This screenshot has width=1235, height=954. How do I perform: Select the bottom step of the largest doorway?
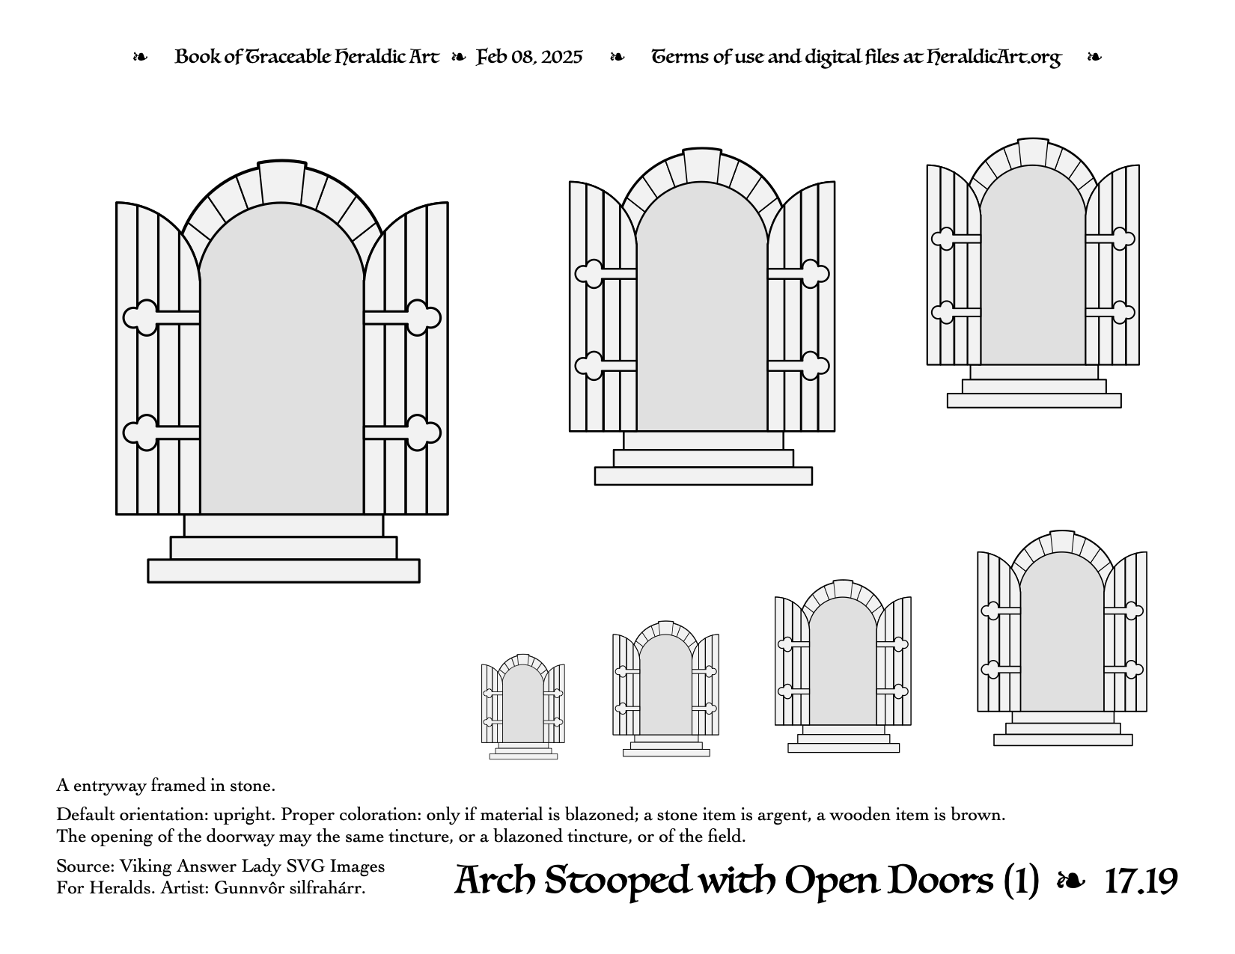(x=284, y=571)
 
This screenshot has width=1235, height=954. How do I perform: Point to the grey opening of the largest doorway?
(x=282, y=364)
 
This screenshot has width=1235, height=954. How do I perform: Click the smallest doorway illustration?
(x=523, y=707)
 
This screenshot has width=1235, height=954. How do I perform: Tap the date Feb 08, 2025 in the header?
(x=529, y=57)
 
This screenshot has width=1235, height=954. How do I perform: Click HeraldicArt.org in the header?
(x=993, y=58)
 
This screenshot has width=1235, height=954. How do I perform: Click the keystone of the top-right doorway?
(x=1033, y=152)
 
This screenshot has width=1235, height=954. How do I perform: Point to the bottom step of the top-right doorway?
(x=1034, y=400)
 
